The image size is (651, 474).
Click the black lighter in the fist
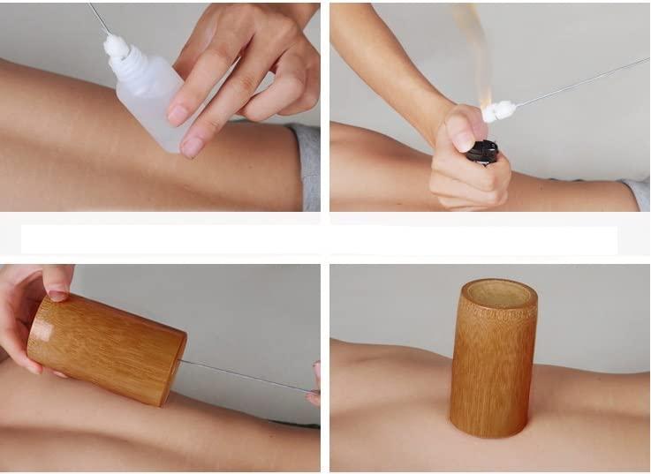point(482,152)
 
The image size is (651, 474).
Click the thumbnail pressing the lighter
point(463,138)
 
